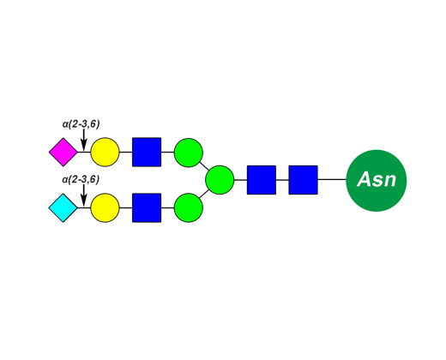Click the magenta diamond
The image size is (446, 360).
coord(63,152)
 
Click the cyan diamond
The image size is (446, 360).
coord(63,207)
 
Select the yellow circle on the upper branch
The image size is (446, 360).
coord(105,152)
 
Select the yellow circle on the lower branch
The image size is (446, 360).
coord(105,207)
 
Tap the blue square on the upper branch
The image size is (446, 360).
coord(147,152)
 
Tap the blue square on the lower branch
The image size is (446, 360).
coord(147,207)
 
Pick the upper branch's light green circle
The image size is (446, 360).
coord(189,153)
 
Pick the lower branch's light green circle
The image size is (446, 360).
coord(189,207)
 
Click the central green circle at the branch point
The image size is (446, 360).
coord(220,180)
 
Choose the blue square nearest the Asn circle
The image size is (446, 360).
coord(303,180)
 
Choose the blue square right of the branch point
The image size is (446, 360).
coord(262,180)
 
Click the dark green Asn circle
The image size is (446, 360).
coord(377,181)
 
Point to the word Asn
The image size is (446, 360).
coord(377,179)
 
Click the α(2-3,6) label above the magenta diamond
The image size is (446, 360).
coord(81,124)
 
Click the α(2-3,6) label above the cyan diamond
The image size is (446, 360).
coord(81,180)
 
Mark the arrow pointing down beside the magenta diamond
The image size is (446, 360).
coord(83,140)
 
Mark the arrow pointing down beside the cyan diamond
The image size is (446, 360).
coord(83,195)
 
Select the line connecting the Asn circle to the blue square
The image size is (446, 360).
coord(332,180)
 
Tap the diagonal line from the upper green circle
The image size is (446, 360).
coord(204,166)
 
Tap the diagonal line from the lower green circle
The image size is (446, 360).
coord(204,194)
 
